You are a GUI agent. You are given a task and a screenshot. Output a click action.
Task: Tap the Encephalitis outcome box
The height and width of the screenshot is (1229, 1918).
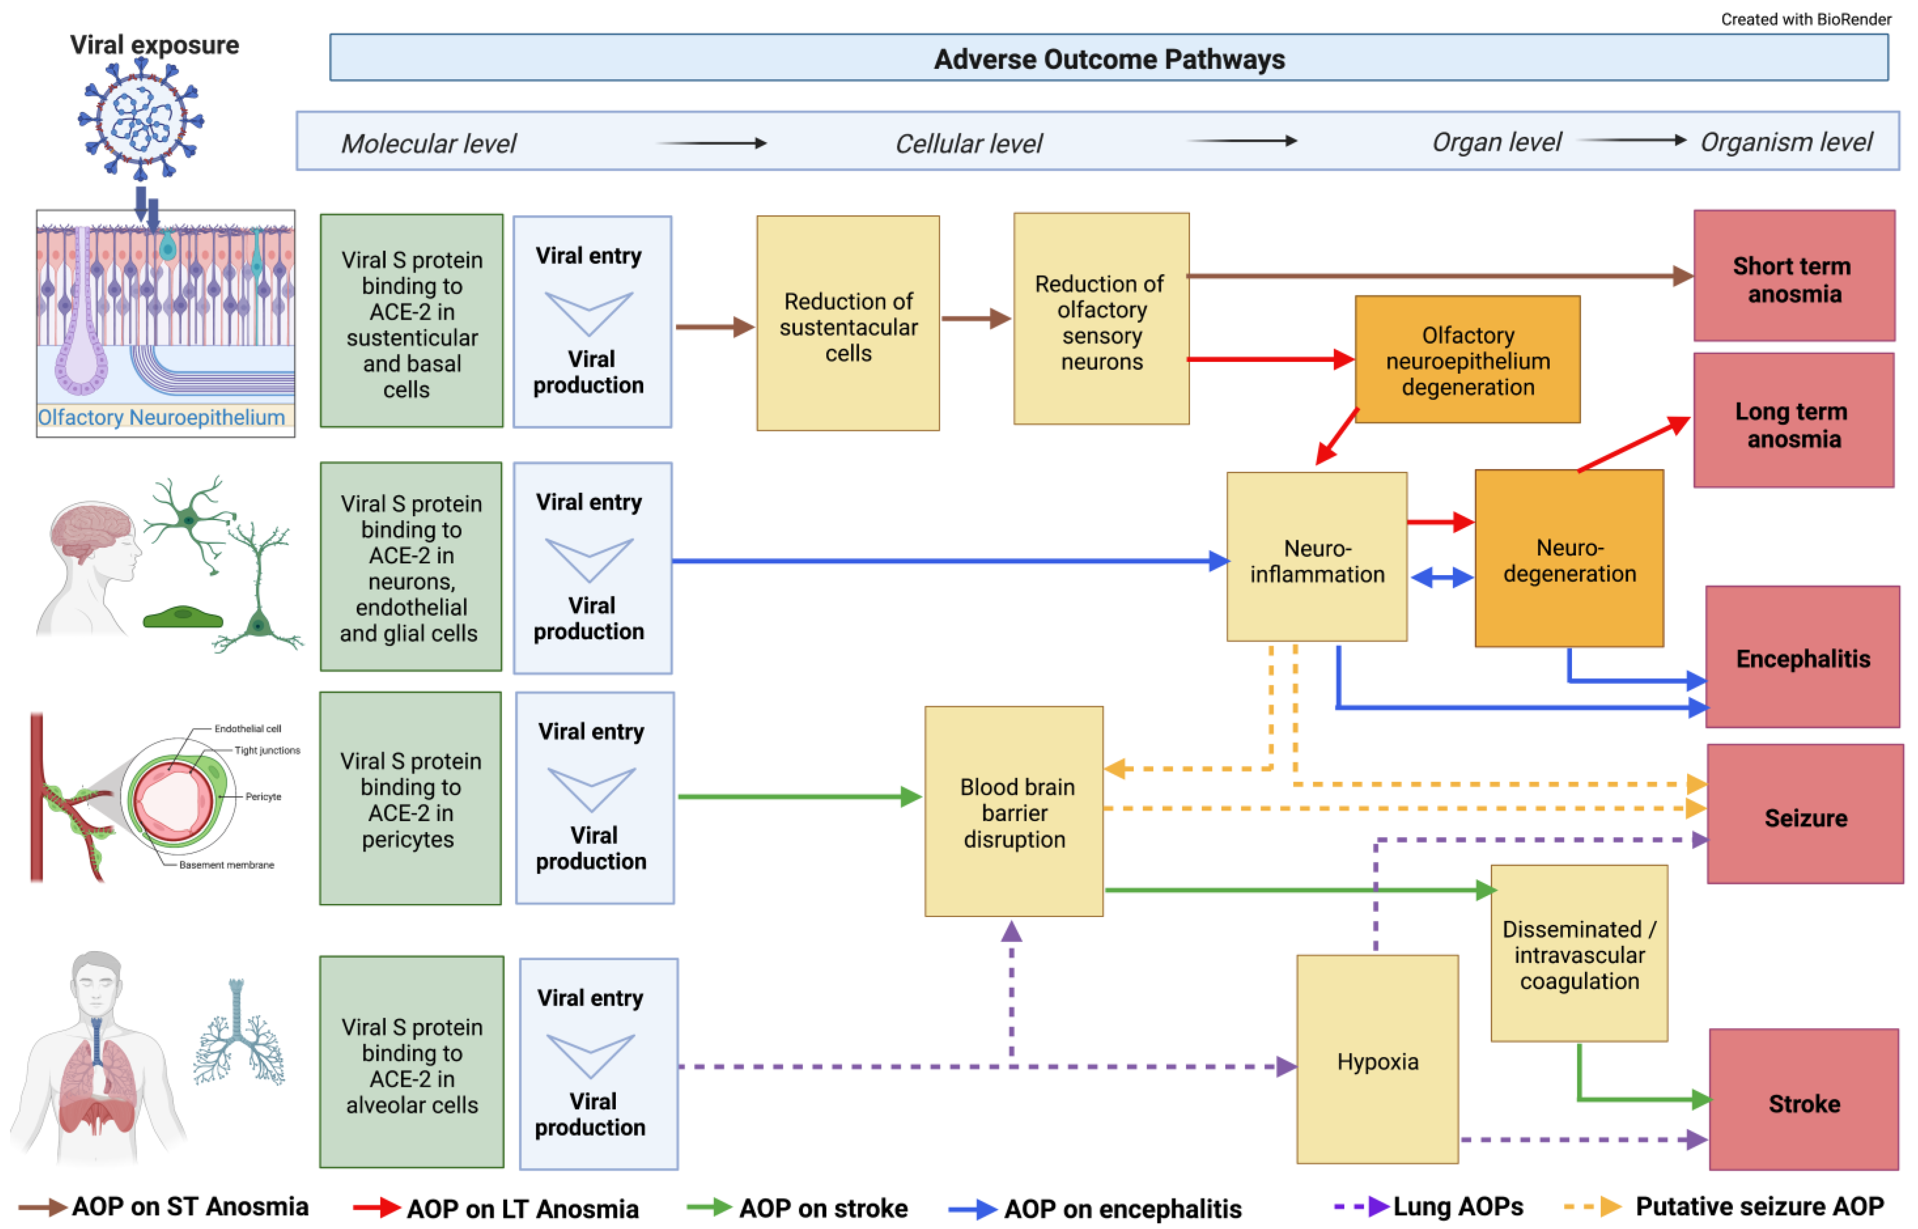[x=1802, y=657]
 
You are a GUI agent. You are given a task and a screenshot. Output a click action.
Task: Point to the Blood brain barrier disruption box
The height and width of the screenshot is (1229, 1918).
[x=1014, y=812]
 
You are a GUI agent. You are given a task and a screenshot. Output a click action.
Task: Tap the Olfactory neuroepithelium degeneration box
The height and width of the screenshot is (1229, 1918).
[x=1467, y=360]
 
